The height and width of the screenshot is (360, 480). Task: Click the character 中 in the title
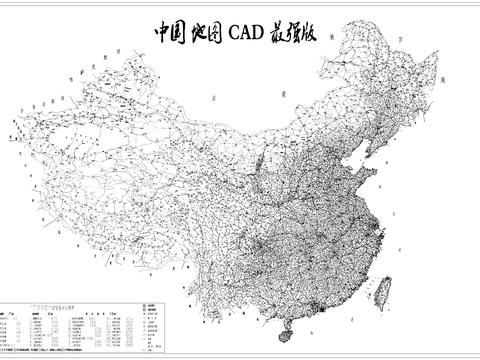coord(163,32)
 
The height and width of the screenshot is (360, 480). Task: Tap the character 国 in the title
coord(182,32)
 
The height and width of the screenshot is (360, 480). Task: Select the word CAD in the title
coord(245,32)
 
